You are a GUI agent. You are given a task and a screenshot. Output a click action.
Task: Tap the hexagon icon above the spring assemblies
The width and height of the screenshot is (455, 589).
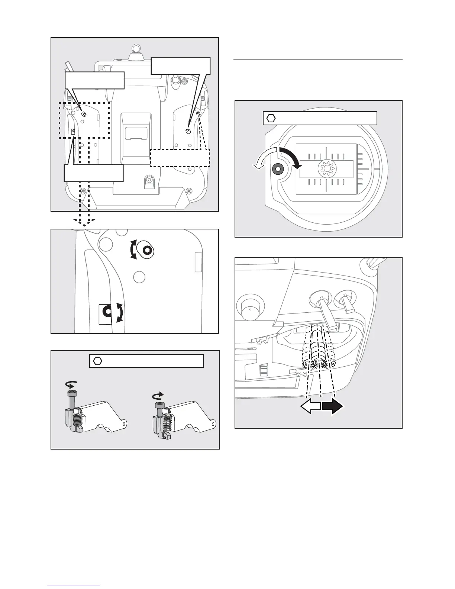[98, 361]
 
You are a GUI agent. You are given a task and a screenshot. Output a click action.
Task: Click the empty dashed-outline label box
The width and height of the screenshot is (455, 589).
[180, 157]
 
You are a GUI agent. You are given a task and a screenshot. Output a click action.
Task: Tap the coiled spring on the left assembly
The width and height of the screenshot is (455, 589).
[76, 422]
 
